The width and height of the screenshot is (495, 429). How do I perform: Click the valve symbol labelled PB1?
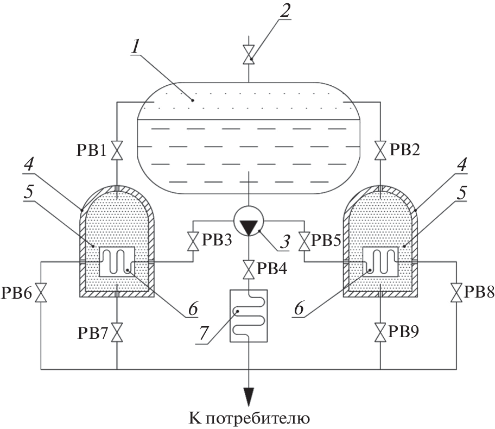(117, 150)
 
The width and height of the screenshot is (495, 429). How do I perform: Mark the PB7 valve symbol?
(117, 332)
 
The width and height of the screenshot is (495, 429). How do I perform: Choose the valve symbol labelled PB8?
(455, 293)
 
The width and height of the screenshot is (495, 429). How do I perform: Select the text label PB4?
(275, 268)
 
